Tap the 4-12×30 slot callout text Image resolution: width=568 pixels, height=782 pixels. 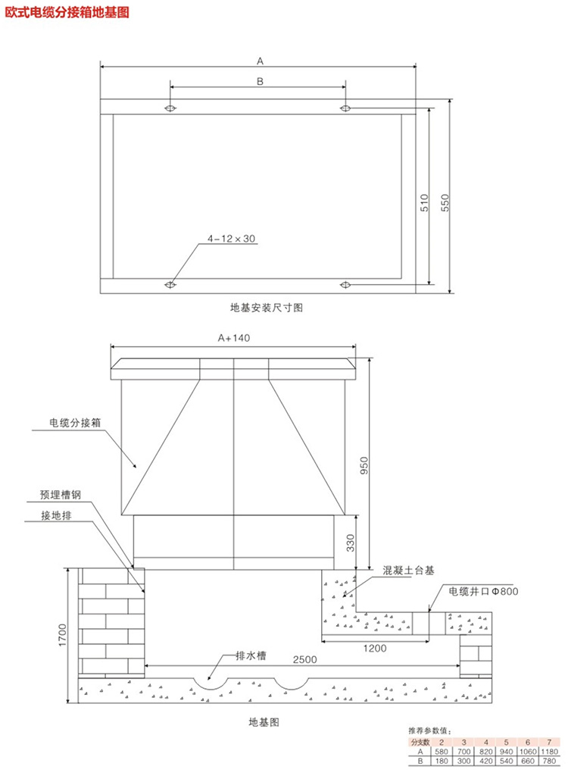[233, 238]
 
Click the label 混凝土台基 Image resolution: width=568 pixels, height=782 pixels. [409, 569]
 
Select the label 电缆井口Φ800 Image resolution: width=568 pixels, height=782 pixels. [483, 591]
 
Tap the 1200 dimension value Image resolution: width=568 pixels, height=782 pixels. [374, 648]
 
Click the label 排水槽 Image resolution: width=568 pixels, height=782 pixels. [248, 655]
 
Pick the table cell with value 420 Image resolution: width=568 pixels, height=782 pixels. [485, 761]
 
